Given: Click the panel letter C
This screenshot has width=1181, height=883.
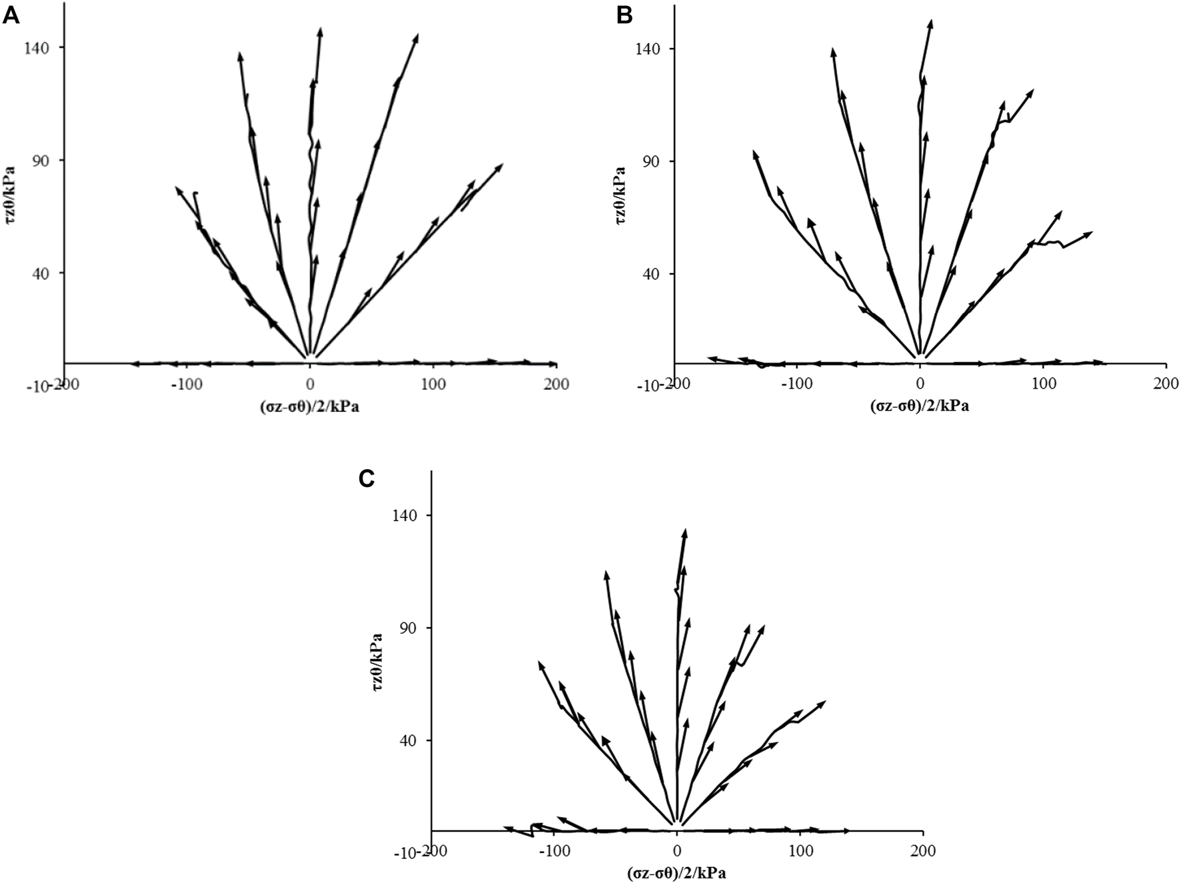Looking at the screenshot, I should [x=366, y=478].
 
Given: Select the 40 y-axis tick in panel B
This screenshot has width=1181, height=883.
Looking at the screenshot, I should [x=656, y=273].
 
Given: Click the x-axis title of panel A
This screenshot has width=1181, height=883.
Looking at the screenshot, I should [x=310, y=407].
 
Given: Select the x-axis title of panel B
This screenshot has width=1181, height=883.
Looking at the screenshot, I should [x=920, y=407].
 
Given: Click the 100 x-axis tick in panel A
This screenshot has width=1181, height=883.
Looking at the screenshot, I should [x=433, y=385].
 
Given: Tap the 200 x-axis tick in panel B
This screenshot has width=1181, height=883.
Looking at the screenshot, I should [x=1166, y=385].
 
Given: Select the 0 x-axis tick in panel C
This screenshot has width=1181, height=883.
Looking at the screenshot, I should [x=677, y=851].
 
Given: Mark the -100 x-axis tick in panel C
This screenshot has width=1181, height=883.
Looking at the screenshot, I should [x=553, y=851].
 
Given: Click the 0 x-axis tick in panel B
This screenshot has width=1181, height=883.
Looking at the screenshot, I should [x=920, y=385].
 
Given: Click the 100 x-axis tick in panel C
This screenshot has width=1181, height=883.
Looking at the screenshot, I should [x=800, y=851].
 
